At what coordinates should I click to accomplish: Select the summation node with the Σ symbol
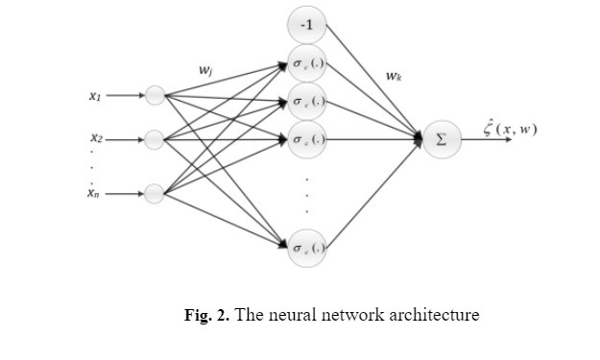click(x=441, y=140)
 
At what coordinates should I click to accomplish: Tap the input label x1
click(x=95, y=96)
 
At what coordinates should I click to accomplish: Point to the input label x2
click(x=97, y=140)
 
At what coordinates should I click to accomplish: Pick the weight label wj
click(x=205, y=70)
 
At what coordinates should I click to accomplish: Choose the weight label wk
click(x=394, y=75)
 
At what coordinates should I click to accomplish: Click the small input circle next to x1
click(x=155, y=95)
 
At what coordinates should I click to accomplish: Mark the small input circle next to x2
click(x=155, y=140)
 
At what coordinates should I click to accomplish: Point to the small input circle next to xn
click(x=155, y=194)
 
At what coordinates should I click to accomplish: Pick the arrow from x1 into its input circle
click(x=125, y=95)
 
